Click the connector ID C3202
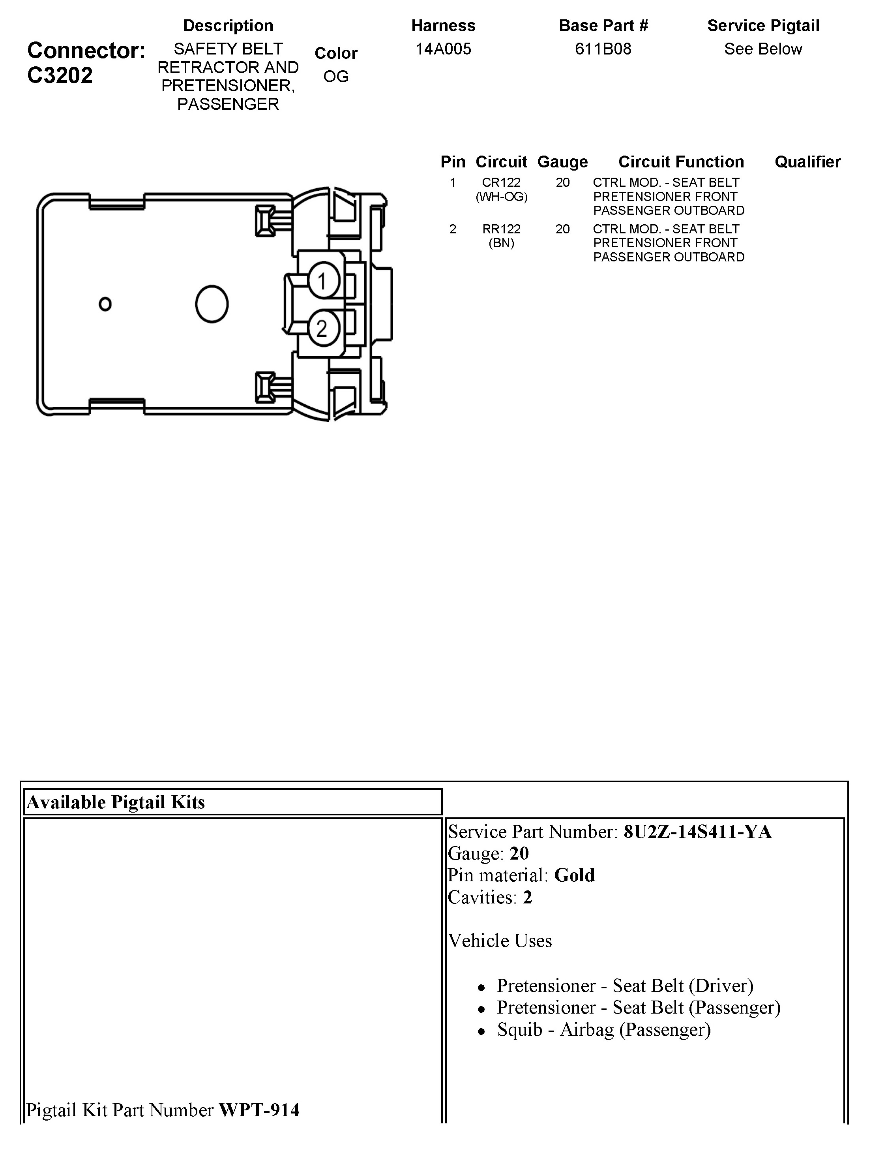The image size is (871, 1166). (x=60, y=75)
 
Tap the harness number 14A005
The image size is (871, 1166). (x=443, y=49)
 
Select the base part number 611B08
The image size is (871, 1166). (x=603, y=49)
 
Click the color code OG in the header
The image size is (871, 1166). (x=335, y=77)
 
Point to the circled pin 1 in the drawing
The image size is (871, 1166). (x=322, y=280)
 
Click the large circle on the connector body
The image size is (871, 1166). (x=211, y=304)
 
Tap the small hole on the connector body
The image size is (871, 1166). (x=105, y=304)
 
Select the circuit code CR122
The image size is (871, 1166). (x=501, y=182)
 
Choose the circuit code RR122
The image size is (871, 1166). (x=501, y=229)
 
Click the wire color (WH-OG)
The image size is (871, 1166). (x=501, y=197)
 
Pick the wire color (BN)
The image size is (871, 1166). (x=501, y=243)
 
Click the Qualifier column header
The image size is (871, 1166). (x=807, y=162)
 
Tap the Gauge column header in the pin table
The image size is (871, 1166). (x=562, y=162)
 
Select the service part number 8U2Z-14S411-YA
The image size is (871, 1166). (x=697, y=832)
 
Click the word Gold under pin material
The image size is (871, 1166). (x=574, y=875)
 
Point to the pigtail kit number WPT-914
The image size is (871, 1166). (x=259, y=1110)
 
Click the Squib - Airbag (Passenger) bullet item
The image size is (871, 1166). (x=603, y=1029)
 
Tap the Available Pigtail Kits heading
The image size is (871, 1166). (x=115, y=802)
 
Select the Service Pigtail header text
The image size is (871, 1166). (x=763, y=25)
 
